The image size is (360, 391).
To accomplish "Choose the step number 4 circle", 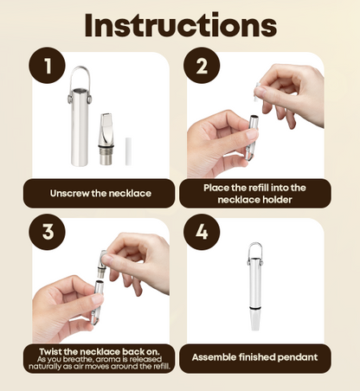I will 201,235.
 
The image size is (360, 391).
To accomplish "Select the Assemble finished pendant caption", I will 254,356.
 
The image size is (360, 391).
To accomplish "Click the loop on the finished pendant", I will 255,252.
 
